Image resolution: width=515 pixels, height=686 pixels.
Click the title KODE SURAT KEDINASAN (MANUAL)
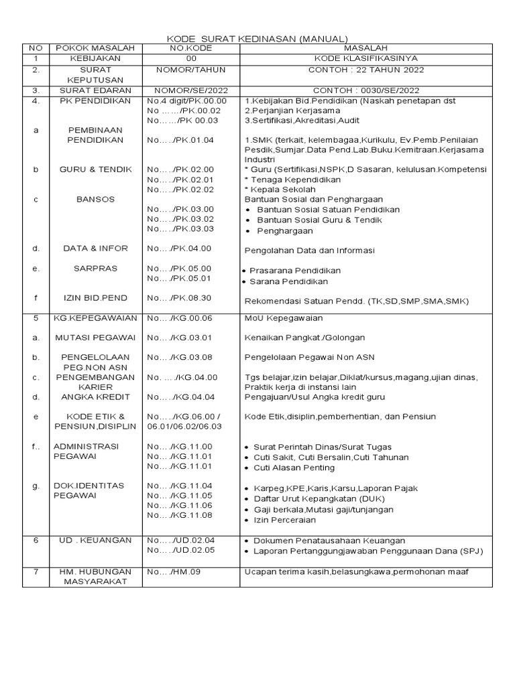coord(257,39)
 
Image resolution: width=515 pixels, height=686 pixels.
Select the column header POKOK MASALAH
coord(95,49)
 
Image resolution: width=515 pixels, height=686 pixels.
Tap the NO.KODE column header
coord(190,49)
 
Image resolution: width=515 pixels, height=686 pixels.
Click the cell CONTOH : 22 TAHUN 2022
coord(364,69)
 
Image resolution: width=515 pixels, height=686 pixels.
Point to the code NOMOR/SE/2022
coord(190,90)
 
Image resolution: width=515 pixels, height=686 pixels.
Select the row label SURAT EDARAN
coord(95,90)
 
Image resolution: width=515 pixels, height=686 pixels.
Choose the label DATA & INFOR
coord(95,249)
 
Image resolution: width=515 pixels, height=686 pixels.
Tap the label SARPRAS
coord(95,268)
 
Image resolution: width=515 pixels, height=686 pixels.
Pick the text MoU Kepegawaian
coord(284,318)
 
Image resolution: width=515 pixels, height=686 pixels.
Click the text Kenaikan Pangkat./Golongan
coord(304,338)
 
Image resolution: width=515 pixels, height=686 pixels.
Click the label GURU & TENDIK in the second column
coord(95,169)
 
